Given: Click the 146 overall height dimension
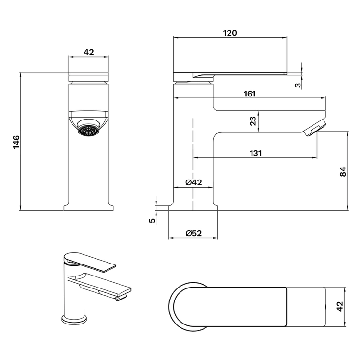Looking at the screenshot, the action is point(16,142).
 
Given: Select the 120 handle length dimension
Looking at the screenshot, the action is point(230,33).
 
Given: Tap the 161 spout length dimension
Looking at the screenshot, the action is point(250,94).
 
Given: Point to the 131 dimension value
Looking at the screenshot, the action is point(255,153).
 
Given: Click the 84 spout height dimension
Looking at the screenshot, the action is point(343,171).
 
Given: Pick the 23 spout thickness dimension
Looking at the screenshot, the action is point(252,121).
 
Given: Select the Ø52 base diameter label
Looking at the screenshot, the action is point(193,233).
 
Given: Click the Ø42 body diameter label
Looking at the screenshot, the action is point(193,182).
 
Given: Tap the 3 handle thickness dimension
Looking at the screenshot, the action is point(298,85).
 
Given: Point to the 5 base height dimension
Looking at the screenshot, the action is point(152,221).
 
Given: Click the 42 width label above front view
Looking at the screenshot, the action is point(89,52).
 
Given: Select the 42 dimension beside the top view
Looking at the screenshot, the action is point(340,306).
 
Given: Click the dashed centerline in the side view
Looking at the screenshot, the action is point(193,164).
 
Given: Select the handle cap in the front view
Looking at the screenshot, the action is point(89,77).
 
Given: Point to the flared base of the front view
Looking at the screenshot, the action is point(88,206).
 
